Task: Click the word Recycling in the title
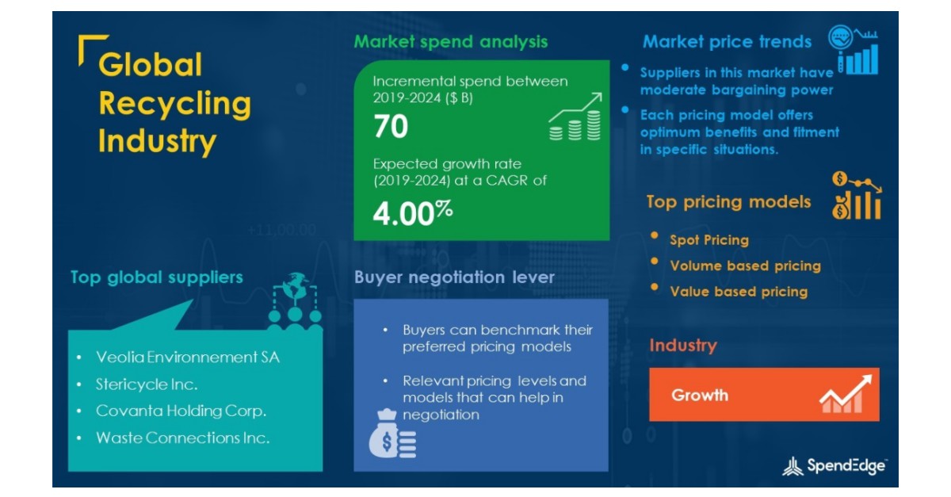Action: tap(174, 103)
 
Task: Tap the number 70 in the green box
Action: tap(391, 126)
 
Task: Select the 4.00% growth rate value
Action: tap(412, 214)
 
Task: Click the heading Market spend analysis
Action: tap(450, 41)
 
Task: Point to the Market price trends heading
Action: tap(727, 41)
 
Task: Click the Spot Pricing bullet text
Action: tap(708, 239)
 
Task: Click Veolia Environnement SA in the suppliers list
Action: tap(187, 357)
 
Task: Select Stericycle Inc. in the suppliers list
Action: tap(147, 384)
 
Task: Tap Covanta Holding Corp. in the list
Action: tap(181, 411)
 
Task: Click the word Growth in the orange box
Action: tap(700, 395)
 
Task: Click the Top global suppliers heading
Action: tap(156, 277)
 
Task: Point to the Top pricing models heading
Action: tap(728, 201)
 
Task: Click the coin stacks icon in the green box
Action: tap(575, 119)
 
